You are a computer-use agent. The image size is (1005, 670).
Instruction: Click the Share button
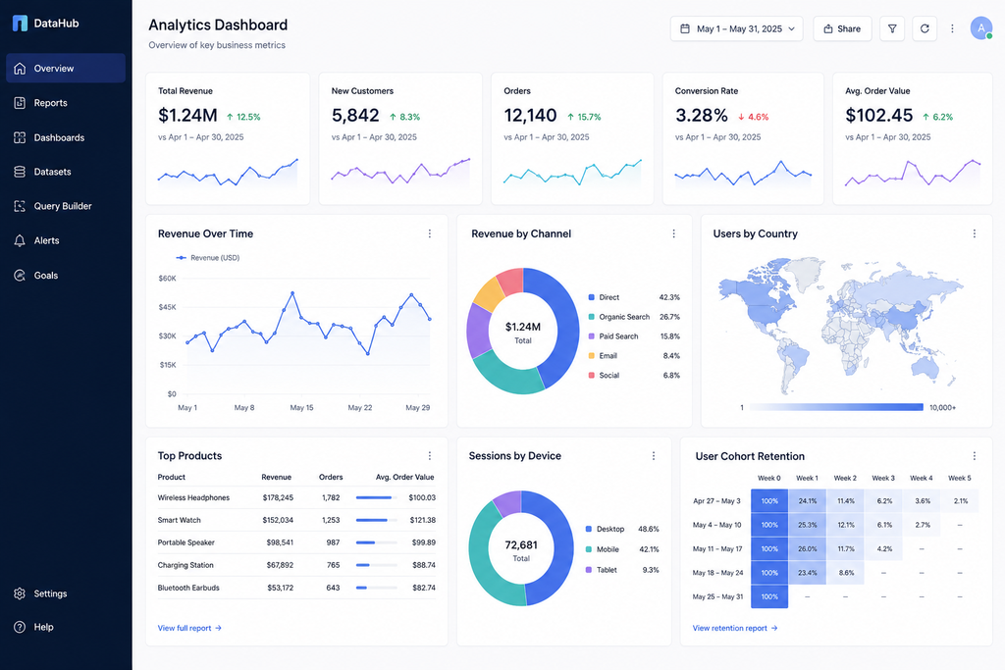(841, 28)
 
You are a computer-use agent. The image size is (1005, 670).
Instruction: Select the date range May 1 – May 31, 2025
(736, 28)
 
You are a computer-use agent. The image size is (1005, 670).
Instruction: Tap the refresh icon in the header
(925, 28)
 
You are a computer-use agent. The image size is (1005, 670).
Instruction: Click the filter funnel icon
(892, 28)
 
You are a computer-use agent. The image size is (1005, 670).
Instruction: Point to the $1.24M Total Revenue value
(187, 116)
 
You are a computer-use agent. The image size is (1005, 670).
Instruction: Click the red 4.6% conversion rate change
(753, 117)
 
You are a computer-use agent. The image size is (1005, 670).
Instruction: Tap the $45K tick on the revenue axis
(167, 307)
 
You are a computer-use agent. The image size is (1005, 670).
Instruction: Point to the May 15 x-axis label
(302, 407)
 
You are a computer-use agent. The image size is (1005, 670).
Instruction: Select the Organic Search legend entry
(618, 317)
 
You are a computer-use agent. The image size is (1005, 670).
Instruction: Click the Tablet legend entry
(602, 570)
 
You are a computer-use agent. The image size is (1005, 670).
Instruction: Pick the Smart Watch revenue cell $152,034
(278, 520)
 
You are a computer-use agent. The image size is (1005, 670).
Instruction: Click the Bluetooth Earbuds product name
(188, 588)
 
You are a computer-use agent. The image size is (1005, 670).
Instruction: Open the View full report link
(189, 629)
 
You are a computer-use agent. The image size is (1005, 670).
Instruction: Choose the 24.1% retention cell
(808, 501)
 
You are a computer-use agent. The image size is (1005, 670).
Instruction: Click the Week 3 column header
(884, 478)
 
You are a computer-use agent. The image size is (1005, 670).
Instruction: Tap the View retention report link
(735, 629)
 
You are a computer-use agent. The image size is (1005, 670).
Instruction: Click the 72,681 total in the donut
(521, 545)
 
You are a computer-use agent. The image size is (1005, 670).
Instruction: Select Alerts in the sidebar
(46, 241)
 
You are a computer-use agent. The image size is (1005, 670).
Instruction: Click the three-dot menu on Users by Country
(975, 233)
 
